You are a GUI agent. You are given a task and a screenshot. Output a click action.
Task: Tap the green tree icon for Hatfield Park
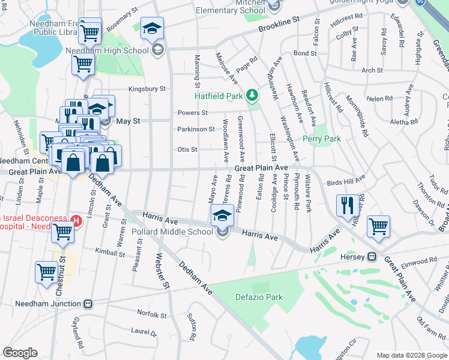click(x=253, y=95)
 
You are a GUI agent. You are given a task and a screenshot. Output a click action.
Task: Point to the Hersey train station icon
click(x=372, y=257)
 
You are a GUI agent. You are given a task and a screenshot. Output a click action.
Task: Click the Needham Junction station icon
click(x=89, y=304)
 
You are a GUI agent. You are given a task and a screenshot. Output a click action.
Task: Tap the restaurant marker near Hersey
click(x=348, y=205)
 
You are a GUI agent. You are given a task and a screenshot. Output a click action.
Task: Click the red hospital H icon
click(x=76, y=220)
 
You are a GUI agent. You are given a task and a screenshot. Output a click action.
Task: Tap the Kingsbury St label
click(x=146, y=89)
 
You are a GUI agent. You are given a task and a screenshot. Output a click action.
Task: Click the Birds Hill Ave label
click(x=346, y=182)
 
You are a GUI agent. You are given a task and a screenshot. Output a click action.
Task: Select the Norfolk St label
click(x=151, y=314)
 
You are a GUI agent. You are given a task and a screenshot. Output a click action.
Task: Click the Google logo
click(x=20, y=353)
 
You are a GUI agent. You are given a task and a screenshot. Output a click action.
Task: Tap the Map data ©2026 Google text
click(x=412, y=355)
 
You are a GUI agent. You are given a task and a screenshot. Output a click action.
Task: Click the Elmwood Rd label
click(x=420, y=261)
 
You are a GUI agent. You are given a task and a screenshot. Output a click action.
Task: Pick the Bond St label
click(x=305, y=53)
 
